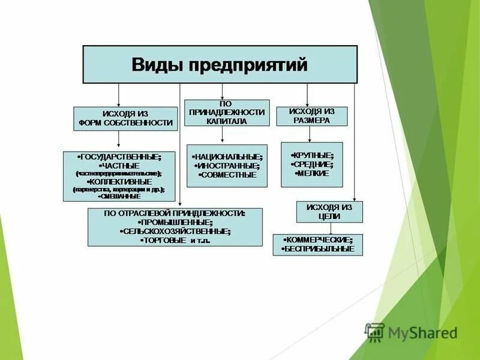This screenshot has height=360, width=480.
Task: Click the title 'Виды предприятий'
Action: pyautogui.click(x=219, y=64)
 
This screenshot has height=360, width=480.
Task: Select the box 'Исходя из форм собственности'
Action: pyautogui.click(x=125, y=119)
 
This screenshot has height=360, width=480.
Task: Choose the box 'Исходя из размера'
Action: pyautogui.click(x=311, y=116)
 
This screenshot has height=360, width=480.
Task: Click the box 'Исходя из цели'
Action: pyautogui.click(x=329, y=212)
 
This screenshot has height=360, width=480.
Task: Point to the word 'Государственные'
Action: pyautogui.click(x=120, y=157)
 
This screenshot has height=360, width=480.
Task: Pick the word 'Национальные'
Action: pyautogui.click(x=228, y=157)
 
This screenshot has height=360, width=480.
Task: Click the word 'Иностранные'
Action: pyautogui.click(x=228, y=166)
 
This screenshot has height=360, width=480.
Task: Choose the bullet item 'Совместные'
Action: pyautogui.click(x=228, y=175)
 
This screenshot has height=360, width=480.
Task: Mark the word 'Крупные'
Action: pyautogui.click(x=313, y=154)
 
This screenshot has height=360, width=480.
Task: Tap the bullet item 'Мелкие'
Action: pyautogui.click(x=311, y=173)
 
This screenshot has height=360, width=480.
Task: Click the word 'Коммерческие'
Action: pyautogui.click(x=319, y=240)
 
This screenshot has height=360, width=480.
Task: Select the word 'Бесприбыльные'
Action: pyautogui.click(x=319, y=249)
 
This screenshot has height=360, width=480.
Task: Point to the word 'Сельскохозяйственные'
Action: pyautogui.click(x=175, y=231)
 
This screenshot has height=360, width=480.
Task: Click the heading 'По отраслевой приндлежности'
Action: pyautogui.click(x=175, y=213)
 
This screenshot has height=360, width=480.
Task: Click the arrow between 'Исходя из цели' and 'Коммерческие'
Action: pyautogui.click(x=329, y=228)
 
